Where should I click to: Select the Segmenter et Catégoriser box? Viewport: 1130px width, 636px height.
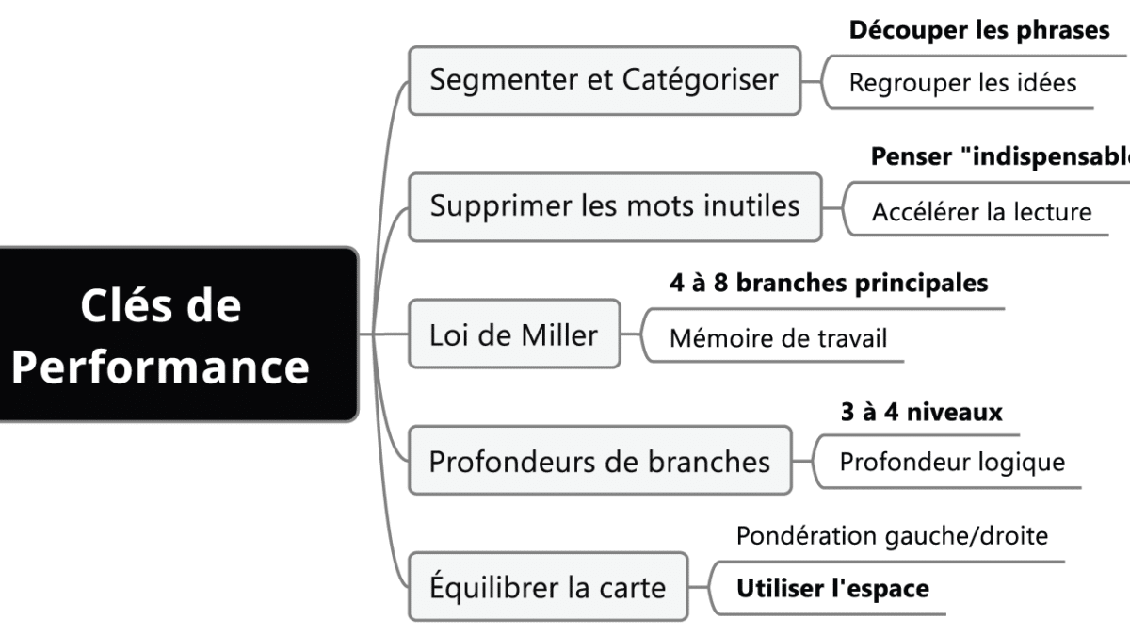click(x=604, y=80)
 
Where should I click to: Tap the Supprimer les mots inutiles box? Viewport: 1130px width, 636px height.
click(x=614, y=205)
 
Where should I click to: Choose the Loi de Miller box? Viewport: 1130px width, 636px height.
click(x=513, y=334)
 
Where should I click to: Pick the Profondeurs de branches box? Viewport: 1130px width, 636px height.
click(x=599, y=462)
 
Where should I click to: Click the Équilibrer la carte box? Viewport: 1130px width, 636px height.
click(x=547, y=588)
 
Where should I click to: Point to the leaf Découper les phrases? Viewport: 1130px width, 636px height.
click(x=979, y=30)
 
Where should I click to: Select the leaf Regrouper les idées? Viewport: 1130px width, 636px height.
click(x=962, y=83)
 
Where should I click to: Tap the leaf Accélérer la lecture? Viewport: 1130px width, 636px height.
click(x=981, y=212)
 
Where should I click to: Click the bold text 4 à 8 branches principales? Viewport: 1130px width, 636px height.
click(x=829, y=283)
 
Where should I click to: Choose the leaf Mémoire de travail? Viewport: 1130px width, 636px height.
click(x=778, y=337)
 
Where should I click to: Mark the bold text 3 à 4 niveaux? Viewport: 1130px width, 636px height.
click(x=921, y=412)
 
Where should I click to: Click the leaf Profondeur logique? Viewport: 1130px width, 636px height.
click(x=952, y=463)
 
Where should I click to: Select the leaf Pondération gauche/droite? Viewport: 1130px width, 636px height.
click(x=892, y=536)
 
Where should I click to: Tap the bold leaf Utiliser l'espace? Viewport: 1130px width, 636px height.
click(x=832, y=589)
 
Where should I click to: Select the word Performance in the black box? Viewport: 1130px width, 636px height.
click(x=160, y=367)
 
